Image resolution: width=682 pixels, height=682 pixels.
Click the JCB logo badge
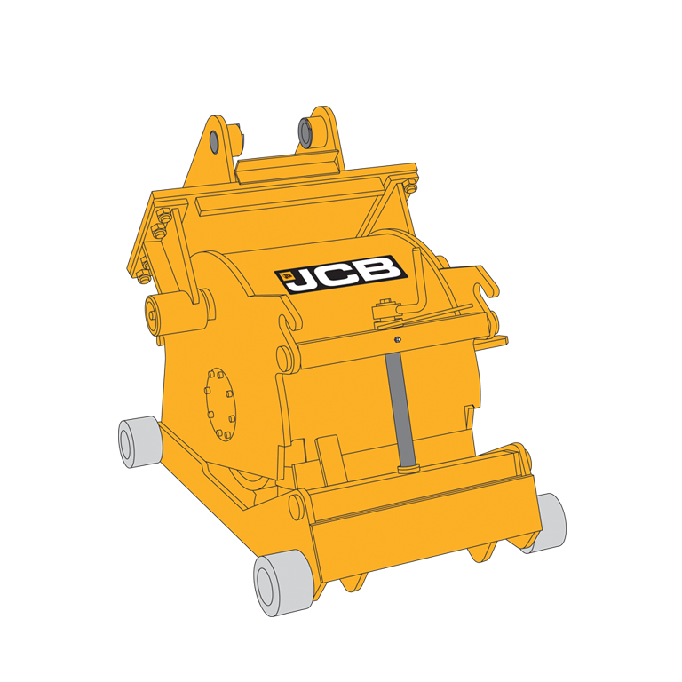(x=341, y=274)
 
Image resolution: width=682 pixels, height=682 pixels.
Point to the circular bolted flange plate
(x=220, y=405)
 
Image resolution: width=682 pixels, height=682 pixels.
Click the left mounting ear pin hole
(x=214, y=141)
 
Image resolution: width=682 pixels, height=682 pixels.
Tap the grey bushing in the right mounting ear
(x=305, y=132)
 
